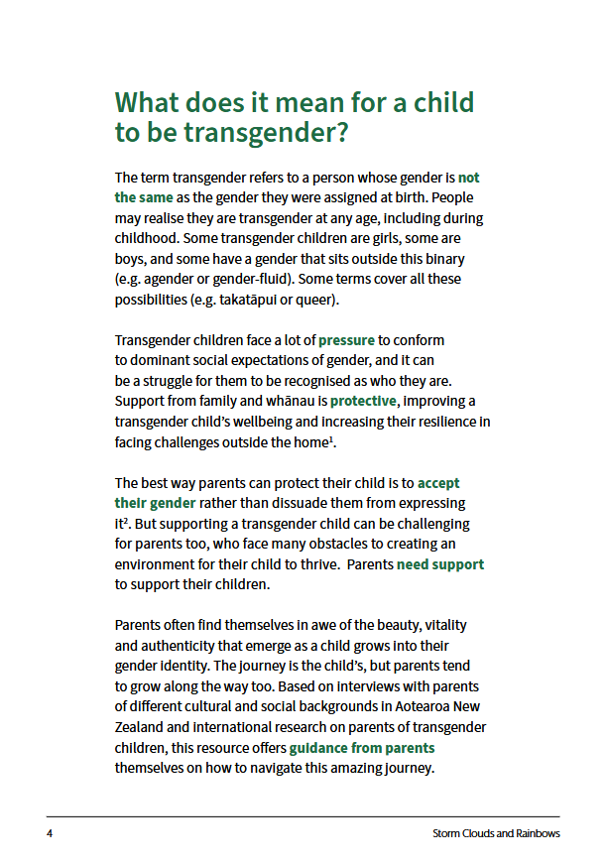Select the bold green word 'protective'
point(363,401)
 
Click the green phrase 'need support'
point(440,564)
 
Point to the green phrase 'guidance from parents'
point(362,748)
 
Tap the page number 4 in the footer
point(50,833)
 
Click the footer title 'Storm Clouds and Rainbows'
point(497,833)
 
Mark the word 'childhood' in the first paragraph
point(148,238)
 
